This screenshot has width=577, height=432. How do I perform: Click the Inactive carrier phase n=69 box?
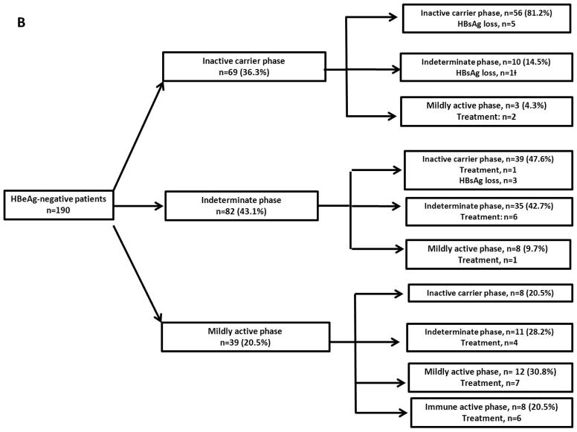(244, 66)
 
